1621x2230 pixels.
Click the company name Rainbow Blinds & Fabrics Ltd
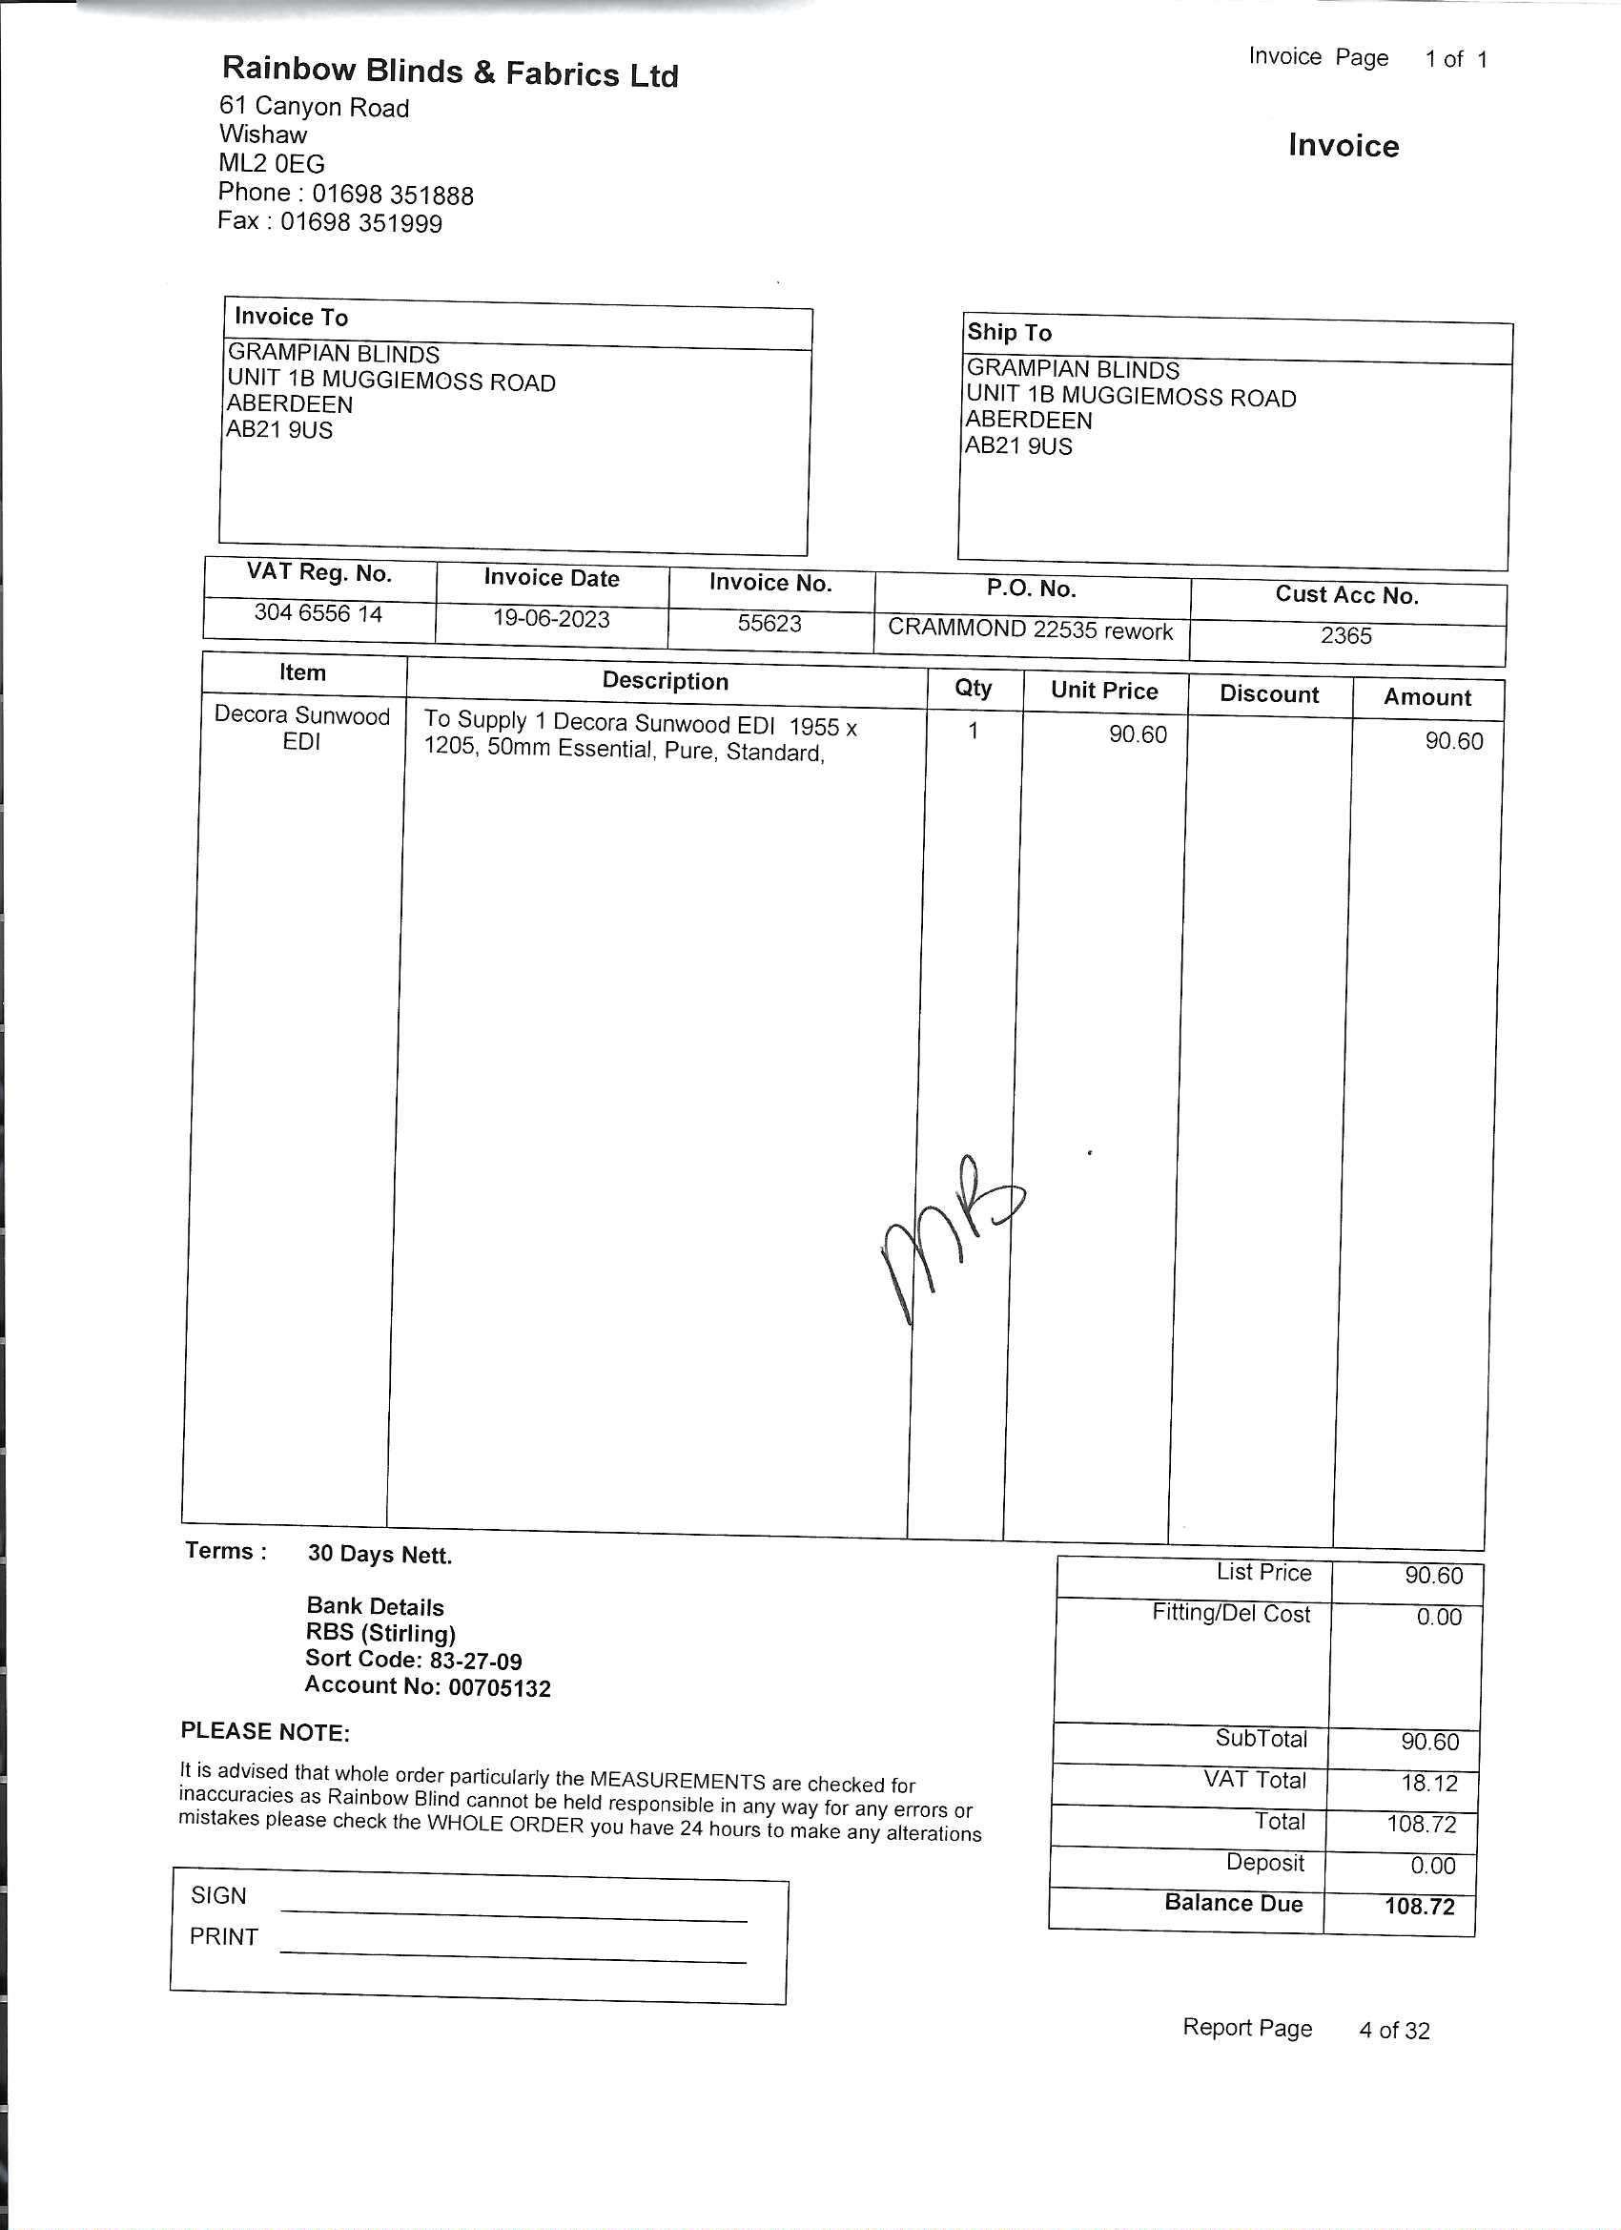450,72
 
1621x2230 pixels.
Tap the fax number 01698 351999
360,222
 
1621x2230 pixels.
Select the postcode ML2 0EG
272,163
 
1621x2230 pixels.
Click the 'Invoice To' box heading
291,317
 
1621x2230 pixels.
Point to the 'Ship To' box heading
1009,332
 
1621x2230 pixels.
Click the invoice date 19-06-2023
550,618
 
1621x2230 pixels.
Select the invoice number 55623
769,624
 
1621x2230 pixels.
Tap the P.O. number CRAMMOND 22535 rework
1030,630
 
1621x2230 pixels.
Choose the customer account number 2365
1345,635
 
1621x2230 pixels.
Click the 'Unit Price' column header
1104,691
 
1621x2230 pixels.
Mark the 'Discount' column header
1269,694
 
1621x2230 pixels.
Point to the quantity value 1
974,731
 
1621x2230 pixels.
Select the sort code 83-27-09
476,1661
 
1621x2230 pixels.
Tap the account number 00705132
500,1688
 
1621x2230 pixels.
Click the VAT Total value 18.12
1429,1783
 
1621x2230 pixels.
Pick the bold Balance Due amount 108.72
1420,1907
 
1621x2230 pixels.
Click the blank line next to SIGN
514,1912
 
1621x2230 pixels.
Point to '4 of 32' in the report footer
1394,2031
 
